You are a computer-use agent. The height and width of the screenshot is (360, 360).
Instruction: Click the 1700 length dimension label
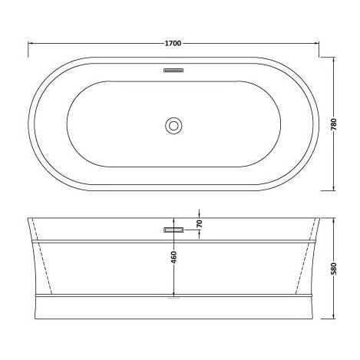(173, 43)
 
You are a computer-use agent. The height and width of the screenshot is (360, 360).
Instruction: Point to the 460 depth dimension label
(174, 258)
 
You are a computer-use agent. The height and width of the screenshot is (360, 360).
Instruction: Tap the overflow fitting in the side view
(173, 228)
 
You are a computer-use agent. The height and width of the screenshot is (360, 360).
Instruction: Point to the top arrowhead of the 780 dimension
(335, 59)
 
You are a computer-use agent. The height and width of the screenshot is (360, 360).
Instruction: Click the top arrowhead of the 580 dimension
(335, 221)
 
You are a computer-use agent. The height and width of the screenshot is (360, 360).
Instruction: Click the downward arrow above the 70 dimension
(200, 214)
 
